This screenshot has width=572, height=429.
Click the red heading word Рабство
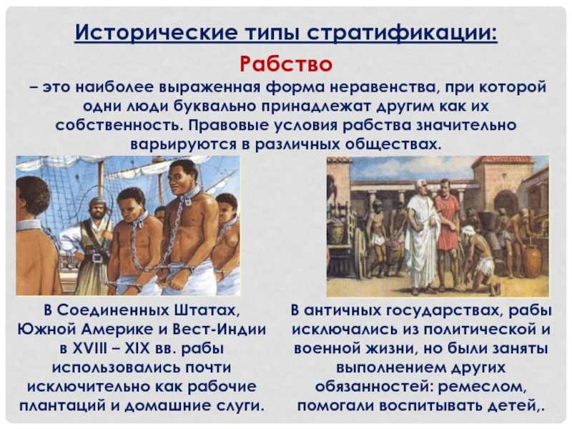coord(286,64)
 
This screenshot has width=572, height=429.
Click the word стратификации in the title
coord(402,32)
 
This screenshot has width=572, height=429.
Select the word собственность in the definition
coord(119,125)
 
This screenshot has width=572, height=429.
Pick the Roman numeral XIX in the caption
coord(137,348)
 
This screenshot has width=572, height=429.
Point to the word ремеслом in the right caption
coord(482,387)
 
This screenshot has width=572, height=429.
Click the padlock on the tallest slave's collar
coord(188,200)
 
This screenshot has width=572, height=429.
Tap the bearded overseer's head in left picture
coord(98,208)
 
